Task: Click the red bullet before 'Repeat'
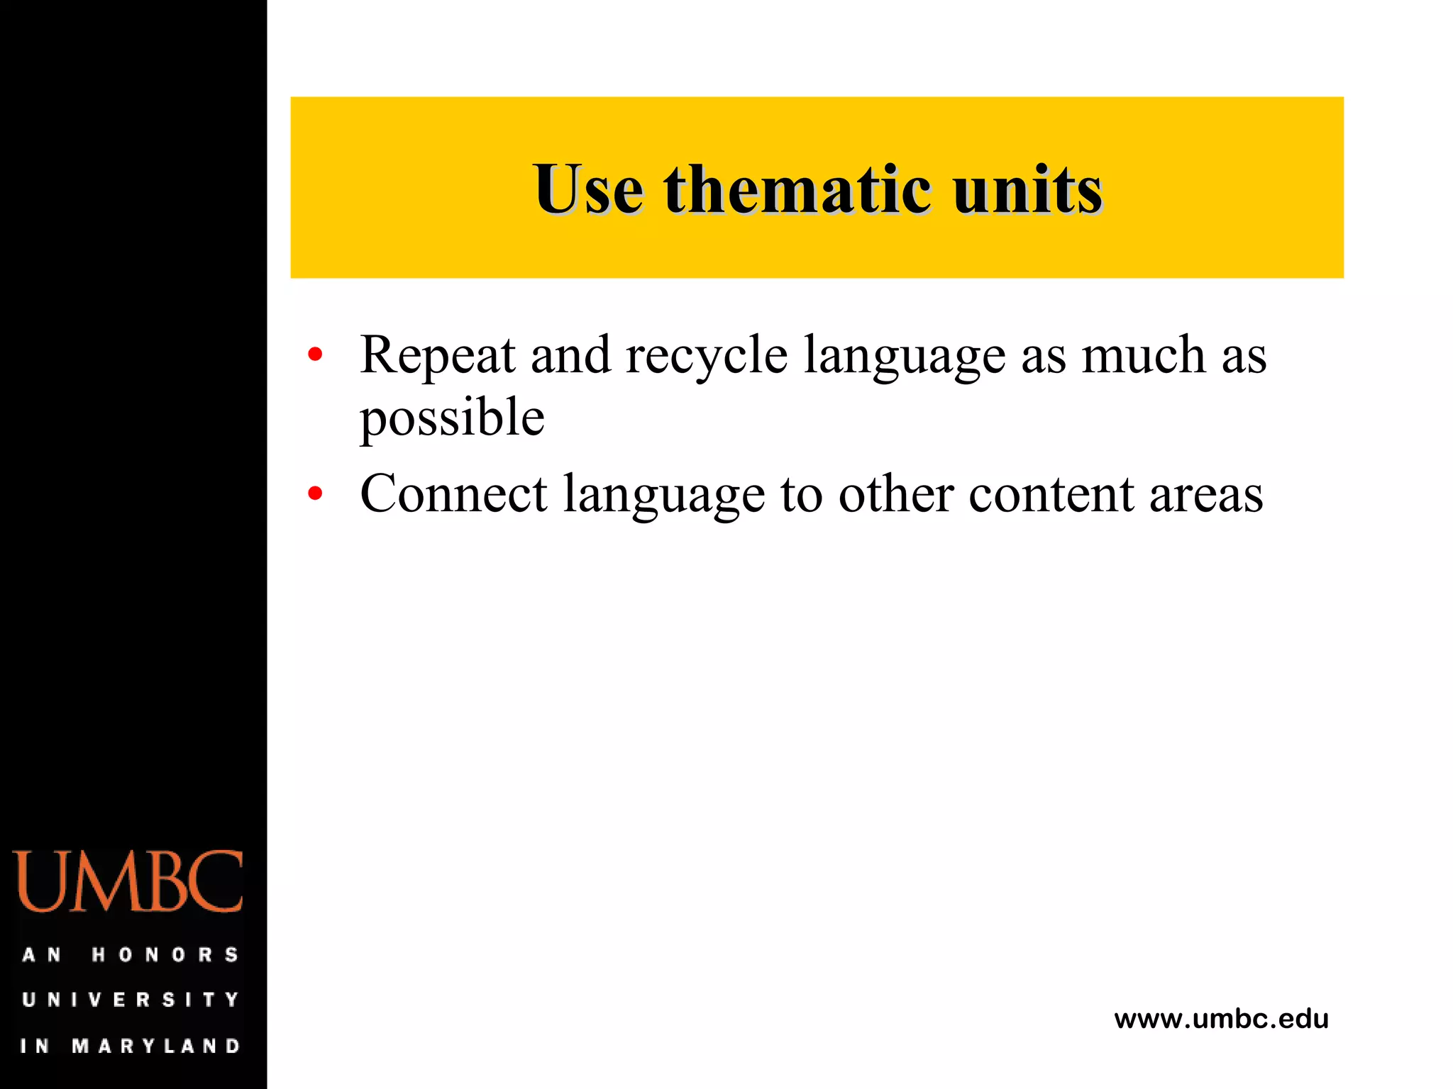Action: (x=315, y=353)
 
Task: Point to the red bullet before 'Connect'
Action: (x=315, y=493)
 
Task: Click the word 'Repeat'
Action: (x=437, y=354)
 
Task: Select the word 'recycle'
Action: (x=706, y=354)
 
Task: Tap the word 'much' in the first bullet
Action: (x=1143, y=354)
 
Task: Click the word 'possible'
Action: (x=452, y=417)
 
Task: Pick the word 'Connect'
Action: (x=453, y=493)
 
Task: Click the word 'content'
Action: (x=1051, y=493)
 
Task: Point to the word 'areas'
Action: (x=1206, y=495)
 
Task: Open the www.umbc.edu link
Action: (x=1221, y=1019)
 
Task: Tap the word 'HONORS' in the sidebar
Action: (x=165, y=954)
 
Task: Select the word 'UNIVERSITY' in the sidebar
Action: (x=131, y=1000)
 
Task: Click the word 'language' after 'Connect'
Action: (x=664, y=495)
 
